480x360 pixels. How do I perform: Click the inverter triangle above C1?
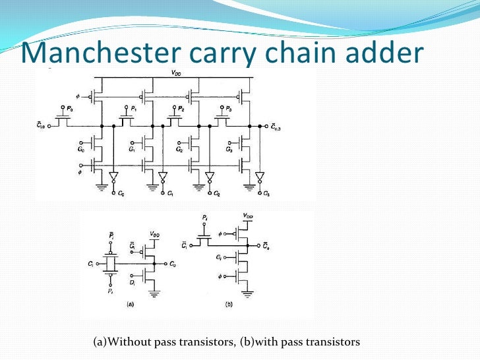click(x=163, y=177)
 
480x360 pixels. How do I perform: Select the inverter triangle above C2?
click(x=210, y=177)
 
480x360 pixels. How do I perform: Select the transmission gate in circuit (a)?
click(x=111, y=264)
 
